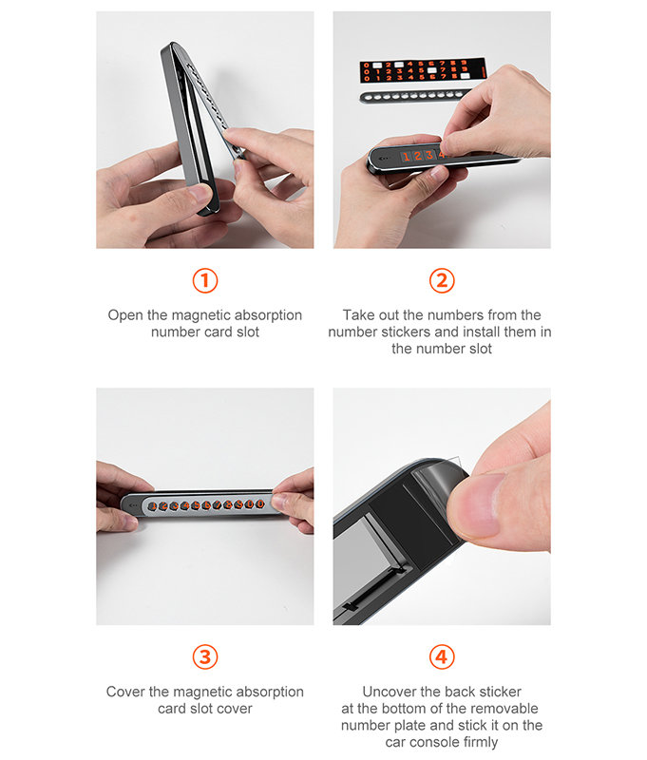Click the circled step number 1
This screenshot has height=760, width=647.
click(x=205, y=280)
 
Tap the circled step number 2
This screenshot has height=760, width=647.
click(x=442, y=280)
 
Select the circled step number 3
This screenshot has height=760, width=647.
click(x=205, y=657)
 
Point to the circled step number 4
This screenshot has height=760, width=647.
click(x=442, y=657)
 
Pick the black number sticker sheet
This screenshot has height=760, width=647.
click(x=423, y=69)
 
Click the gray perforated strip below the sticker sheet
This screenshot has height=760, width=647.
click(x=415, y=96)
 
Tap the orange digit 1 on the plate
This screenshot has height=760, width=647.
click(x=406, y=156)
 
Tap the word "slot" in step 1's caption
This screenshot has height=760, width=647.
click(x=248, y=332)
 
